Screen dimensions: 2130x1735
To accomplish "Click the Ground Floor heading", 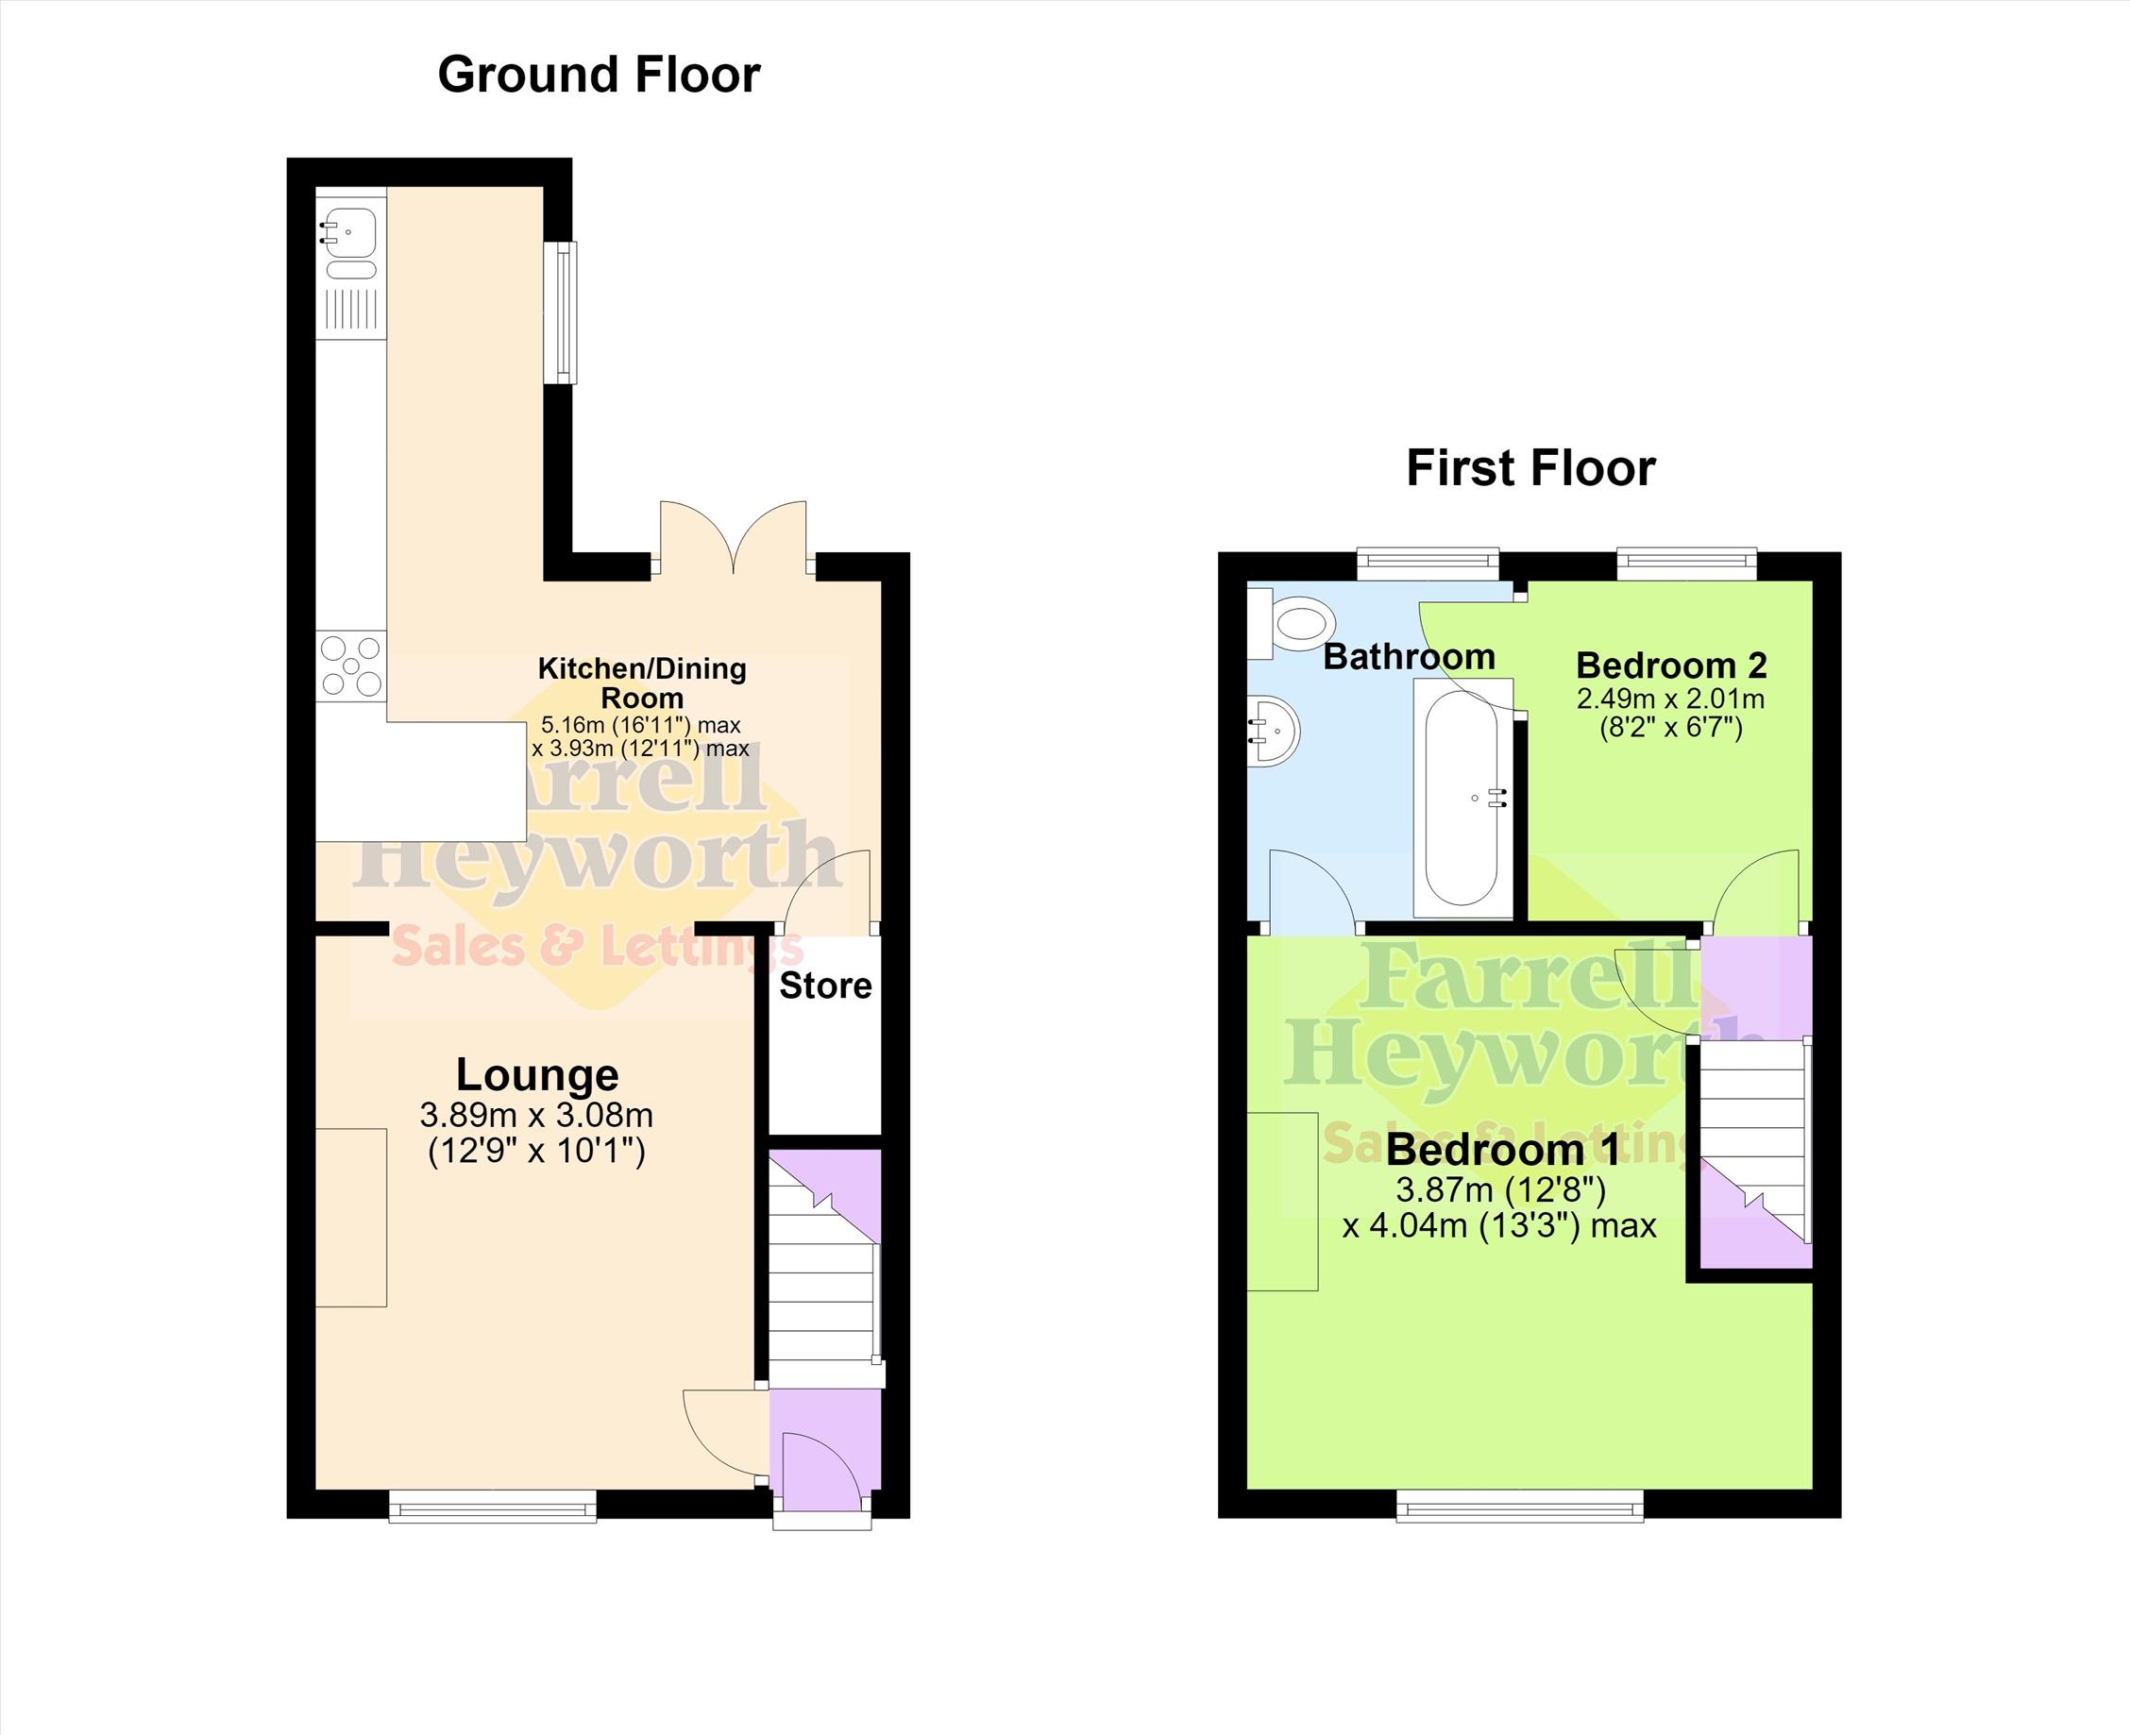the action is coord(599,76).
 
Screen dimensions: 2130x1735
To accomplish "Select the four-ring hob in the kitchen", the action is coord(352,666).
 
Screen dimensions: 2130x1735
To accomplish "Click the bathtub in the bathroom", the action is coord(1462,798).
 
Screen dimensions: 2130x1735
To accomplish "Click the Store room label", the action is coord(825,985).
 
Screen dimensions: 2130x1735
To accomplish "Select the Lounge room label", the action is coord(538,1075).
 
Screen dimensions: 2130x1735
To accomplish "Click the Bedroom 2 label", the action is coord(1671,665).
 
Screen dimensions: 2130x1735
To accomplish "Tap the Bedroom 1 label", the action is coord(1502,1151).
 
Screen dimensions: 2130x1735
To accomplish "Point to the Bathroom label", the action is coord(1410,657).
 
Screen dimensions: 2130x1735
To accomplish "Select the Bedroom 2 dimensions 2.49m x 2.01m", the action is coord(1671,698).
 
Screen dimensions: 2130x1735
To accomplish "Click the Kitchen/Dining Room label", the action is coord(642,682).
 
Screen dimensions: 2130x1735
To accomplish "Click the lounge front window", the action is coord(493,1507).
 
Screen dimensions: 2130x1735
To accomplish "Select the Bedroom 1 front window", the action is coord(1519,1507).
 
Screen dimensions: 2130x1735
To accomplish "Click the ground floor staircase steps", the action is coord(824,1270).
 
